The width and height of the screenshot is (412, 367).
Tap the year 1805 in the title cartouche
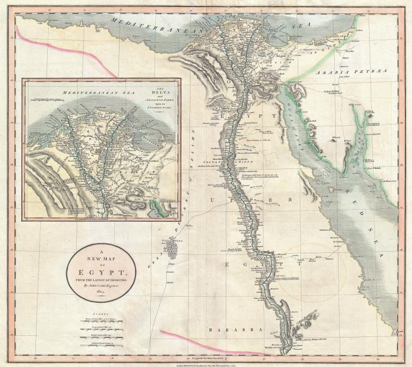[101, 293]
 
